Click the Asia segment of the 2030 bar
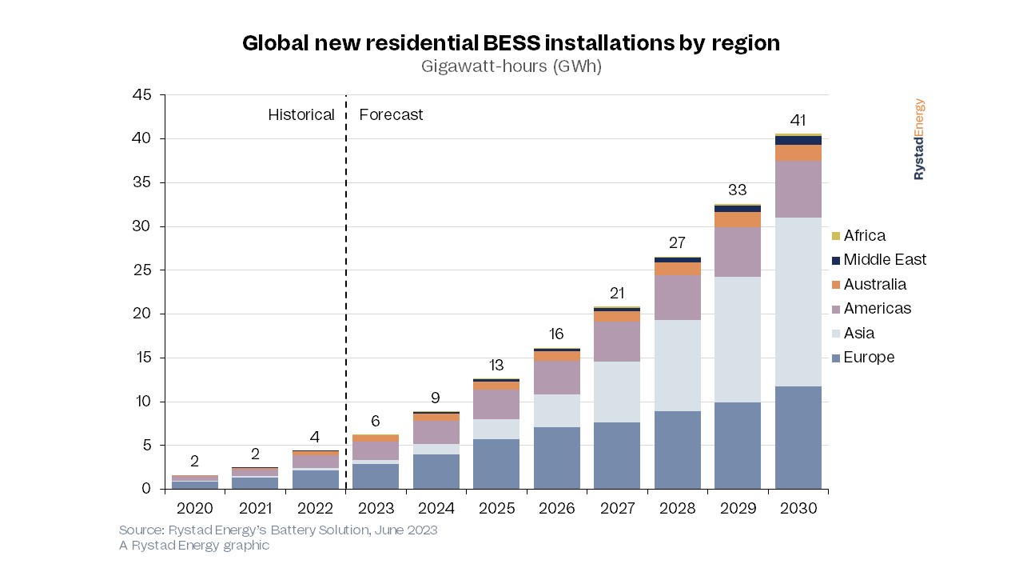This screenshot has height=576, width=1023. point(798,302)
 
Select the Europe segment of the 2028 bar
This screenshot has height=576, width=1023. point(678,450)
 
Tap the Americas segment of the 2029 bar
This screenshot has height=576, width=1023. point(738,252)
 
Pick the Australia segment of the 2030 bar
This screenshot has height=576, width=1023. point(798,153)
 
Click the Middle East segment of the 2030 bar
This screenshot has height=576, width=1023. point(798,140)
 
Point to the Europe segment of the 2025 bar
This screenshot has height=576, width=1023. point(496,464)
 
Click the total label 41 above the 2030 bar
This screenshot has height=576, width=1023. point(798,121)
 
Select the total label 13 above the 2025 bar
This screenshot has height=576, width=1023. point(496,366)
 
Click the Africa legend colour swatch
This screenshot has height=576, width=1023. point(836,236)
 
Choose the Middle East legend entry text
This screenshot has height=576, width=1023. point(885,260)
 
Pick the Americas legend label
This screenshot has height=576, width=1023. point(877,309)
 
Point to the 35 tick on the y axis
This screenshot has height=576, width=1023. point(145,182)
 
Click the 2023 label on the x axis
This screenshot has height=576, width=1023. point(376,509)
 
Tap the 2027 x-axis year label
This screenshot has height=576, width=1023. point(617,509)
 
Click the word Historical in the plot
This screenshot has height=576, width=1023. point(301,115)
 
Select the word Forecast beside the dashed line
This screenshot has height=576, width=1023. point(391,115)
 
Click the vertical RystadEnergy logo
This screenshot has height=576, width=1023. point(919,139)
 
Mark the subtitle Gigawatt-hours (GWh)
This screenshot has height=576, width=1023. point(511,66)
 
